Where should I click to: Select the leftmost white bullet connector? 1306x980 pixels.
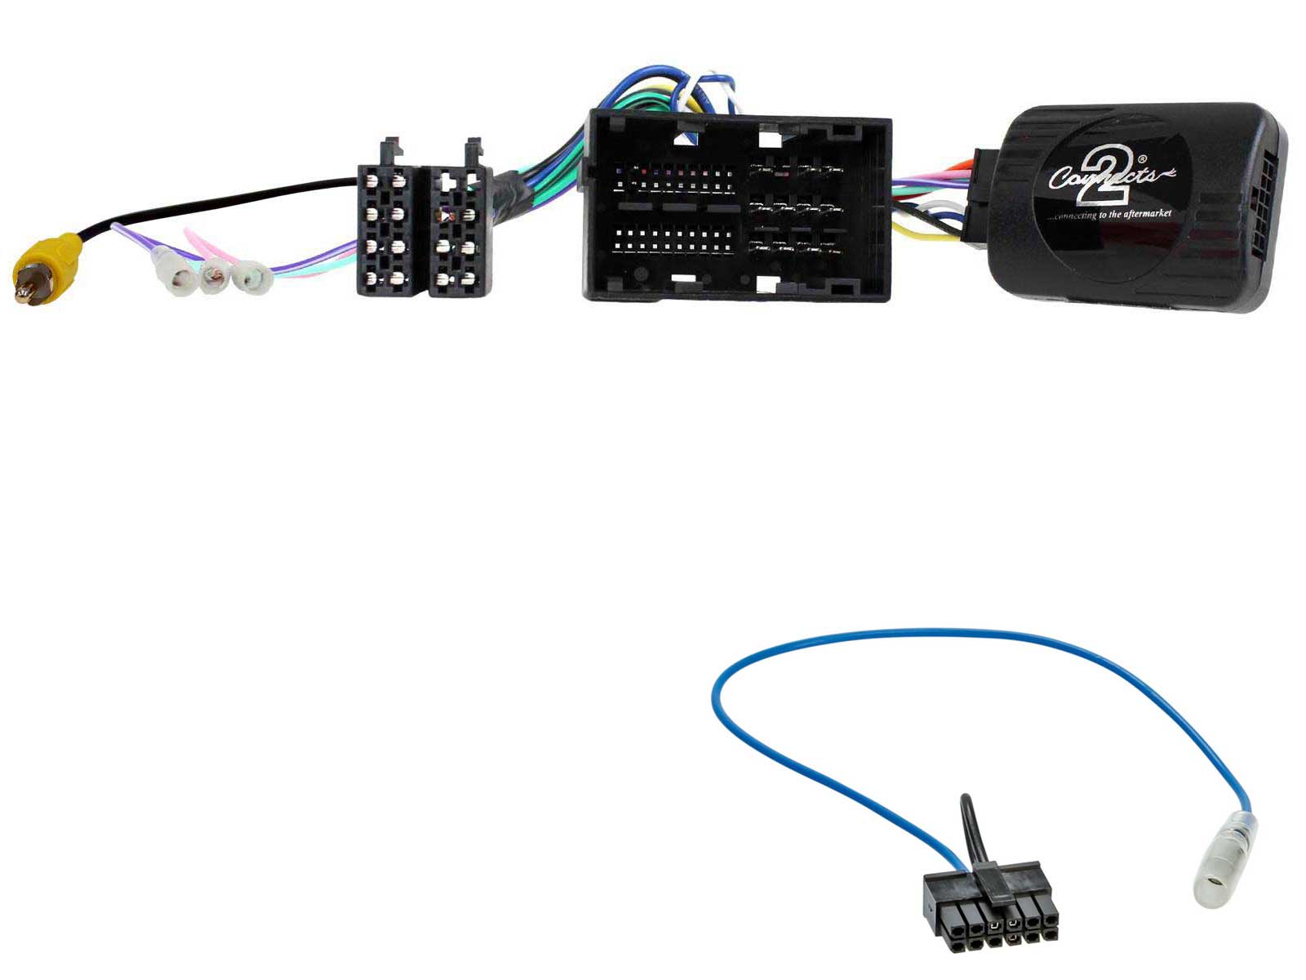click(179, 278)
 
